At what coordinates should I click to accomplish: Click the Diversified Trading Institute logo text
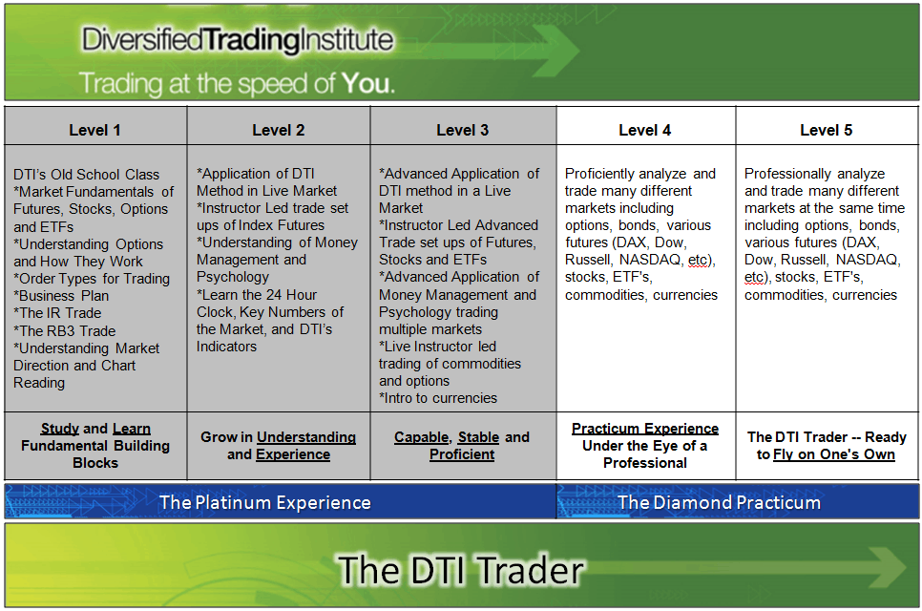tap(237, 39)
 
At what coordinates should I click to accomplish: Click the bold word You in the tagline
tap(367, 83)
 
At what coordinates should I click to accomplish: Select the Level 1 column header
tap(95, 130)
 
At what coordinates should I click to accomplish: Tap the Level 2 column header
tap(279, 130)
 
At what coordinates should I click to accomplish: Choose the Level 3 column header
tap(463, 130)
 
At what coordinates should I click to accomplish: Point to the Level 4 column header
tap(645, 130)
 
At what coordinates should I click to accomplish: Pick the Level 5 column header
tap(827, 130)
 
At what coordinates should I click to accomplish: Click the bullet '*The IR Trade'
tap(57, 313)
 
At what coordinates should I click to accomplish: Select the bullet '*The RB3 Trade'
tap(64, 330)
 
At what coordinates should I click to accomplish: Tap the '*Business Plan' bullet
tap(61, 296)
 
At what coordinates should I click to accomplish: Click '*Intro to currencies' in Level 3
tap(438, 397)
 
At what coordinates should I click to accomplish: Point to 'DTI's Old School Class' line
tap(87, 175)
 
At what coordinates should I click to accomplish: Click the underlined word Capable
tap(421, 437)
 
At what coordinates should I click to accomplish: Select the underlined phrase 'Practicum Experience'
tap(645, 429)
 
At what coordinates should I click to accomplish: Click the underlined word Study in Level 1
tap(60, 429)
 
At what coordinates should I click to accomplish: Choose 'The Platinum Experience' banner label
tap(265, 502)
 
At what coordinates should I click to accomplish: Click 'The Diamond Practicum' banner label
tap(719, 502)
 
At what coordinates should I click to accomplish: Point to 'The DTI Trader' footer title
tap(460, 570)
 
